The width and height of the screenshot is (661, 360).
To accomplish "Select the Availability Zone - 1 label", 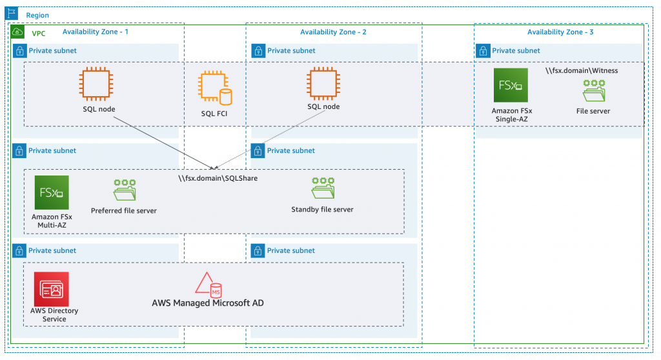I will click(96, 32).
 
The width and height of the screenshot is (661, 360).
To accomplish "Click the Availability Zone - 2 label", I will click(333, 32).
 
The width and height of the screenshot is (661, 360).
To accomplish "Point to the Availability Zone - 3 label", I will click(560, 32).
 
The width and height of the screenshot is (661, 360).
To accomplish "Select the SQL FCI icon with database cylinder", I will click(214, 89).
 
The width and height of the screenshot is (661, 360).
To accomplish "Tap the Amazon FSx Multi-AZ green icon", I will click(52, 192).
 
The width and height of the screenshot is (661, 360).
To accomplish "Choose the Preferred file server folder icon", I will click(124, 191).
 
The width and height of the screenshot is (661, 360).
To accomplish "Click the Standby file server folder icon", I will click(322, 189).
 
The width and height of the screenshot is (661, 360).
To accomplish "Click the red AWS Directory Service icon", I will click(52, 288).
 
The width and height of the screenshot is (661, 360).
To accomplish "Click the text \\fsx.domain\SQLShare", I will click(218, 178).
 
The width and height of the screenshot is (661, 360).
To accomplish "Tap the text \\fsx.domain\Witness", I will click(582, 70).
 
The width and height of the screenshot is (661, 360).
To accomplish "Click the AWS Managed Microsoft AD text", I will click(208, 303).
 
